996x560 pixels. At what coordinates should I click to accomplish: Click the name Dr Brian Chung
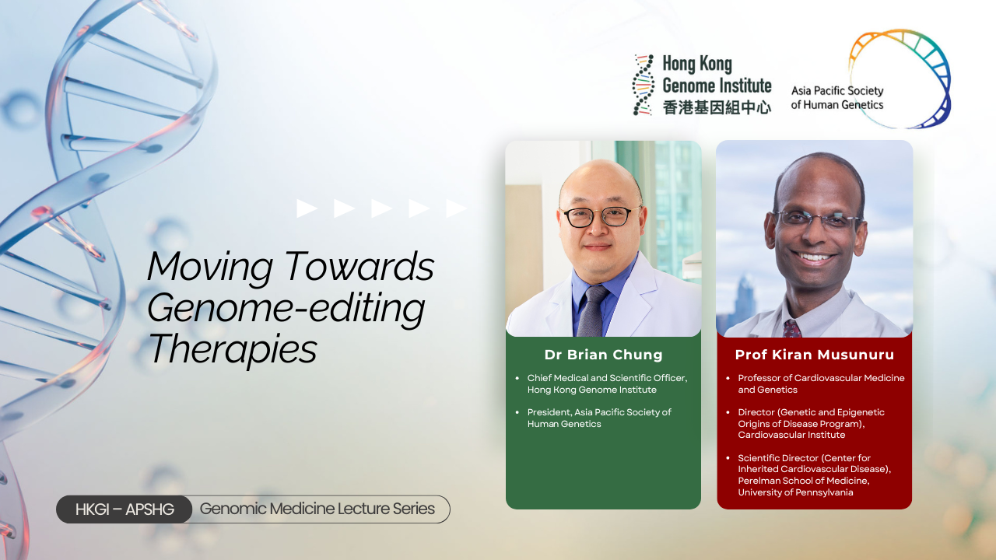coord(603,355)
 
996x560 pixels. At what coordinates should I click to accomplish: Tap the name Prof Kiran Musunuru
coord(815,355)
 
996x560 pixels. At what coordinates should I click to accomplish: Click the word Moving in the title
coord(209,267)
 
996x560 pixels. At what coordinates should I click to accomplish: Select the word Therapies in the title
coord(232,350)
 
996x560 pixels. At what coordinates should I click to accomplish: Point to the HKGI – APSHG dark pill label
coord(124,509)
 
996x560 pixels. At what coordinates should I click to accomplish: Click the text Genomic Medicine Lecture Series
coord(317,509)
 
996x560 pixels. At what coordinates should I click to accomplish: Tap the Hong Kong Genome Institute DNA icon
coord(644,85)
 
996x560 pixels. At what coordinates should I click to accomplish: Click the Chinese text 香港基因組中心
coord(717,107)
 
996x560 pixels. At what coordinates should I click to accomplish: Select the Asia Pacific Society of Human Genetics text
coord(836,98)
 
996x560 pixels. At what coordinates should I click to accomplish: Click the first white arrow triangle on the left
coord(307,208)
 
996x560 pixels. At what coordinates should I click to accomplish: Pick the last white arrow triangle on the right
coord(456,208)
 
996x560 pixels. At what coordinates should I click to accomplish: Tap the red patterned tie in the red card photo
coord(792,328)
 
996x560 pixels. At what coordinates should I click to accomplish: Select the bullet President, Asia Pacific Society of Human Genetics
coord(599,418)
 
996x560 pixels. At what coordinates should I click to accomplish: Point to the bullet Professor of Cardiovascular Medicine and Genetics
coord(821,383)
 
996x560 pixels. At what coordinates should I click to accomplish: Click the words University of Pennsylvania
coord(795,492)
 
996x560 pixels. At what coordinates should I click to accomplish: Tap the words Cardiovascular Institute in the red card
coord(791,435)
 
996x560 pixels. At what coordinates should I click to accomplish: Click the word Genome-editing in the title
coord(286,309)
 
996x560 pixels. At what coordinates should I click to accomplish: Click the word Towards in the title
coord(359,266)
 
